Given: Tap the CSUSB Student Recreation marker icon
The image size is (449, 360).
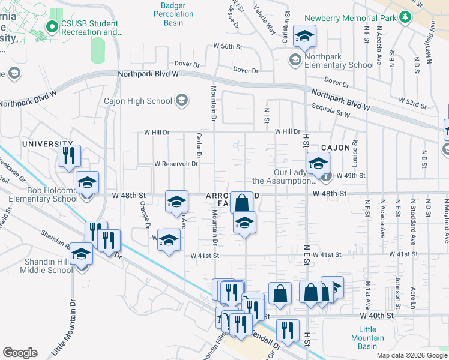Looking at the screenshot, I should pos(52,27).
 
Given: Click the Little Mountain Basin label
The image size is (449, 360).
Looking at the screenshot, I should pos(367,338).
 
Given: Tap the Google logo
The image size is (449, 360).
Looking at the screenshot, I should pos(20,353).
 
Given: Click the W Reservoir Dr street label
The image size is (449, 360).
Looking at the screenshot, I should pos(176,163).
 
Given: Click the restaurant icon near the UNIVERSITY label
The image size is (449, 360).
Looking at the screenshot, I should pos(68,156).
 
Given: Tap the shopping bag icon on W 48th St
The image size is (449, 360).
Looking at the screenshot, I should pos(241,202).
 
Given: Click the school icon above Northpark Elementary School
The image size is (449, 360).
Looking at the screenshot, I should pos(305,37).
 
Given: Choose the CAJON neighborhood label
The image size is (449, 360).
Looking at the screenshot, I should pos(335,148).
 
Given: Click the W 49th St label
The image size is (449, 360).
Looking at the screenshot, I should pos(351,175).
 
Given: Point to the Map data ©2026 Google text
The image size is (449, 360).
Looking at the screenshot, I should pos(412,355).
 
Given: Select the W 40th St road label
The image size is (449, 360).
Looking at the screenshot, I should pos(376,315).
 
